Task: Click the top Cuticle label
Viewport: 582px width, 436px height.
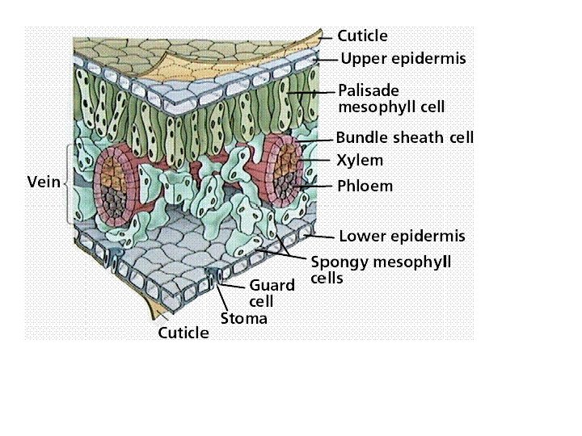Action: pos(362,36)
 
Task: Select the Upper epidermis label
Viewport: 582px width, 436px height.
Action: pos(403,58)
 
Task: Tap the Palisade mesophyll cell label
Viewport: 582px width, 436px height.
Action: pos(390,99)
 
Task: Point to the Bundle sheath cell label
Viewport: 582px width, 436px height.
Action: pos(404,137)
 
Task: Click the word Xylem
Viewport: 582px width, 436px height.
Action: pos(360,161)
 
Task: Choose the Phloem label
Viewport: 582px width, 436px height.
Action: pos(365,186)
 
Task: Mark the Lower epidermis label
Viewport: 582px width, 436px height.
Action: pos(402,237)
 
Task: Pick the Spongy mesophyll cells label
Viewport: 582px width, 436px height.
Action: pos(380,270)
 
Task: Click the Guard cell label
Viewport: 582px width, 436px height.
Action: pos(266,293)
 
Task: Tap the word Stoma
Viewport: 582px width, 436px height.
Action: pos(243,318)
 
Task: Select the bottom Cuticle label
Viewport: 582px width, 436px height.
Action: pos(183,333)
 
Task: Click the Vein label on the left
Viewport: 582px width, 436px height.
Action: pos(44,181)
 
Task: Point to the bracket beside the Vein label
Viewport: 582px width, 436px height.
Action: pos(68,182)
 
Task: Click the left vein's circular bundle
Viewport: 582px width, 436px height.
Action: pos(120,183)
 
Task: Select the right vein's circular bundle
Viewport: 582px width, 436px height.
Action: pos(284,167)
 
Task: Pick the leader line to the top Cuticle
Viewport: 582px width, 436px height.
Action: pos(325,36)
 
